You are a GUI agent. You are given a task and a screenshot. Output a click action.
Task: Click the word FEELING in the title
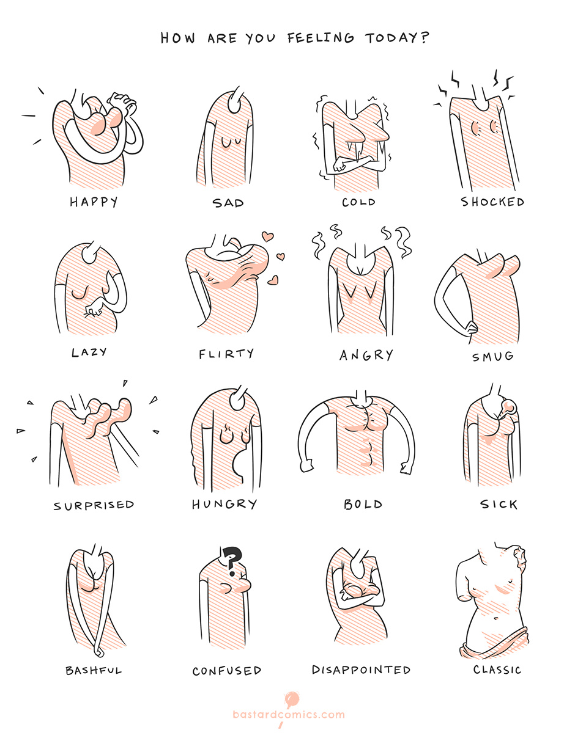(x=321, y=38)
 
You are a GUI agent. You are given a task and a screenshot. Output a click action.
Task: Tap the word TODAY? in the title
(x=397, y=38)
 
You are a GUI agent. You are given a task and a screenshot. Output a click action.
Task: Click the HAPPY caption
(x=94, y=202)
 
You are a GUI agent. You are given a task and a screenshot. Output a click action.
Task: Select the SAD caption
(x=228, y=203)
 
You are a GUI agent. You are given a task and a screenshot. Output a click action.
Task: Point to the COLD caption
(x=358, y=202)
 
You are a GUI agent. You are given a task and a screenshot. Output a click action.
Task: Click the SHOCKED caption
(x=492, y=202)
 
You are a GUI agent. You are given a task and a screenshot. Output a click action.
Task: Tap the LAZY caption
(x=89, y=352)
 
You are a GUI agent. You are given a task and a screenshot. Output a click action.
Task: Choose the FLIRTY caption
(x=226, y=354)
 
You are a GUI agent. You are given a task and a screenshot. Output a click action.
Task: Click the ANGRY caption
(x=366, y=355)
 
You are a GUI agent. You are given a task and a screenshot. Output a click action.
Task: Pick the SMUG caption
(x=493, y=357)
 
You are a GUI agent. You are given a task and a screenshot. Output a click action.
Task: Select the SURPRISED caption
(x=94, y=505)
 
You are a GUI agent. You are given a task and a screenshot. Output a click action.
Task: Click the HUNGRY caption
(x=224, y=504)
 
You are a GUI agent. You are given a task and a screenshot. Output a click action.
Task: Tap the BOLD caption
(x=363, y=505)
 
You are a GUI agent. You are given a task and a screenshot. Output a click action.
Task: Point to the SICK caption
(x=499, y=505)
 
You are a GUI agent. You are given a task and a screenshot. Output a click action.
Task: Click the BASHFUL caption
(x=94, y=670)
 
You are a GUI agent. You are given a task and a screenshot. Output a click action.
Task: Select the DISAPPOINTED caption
(x=361, y=670)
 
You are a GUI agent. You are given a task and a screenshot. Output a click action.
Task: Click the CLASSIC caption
(x=497, y=670)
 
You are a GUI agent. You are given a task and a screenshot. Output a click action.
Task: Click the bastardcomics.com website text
(x=289, y=715)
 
